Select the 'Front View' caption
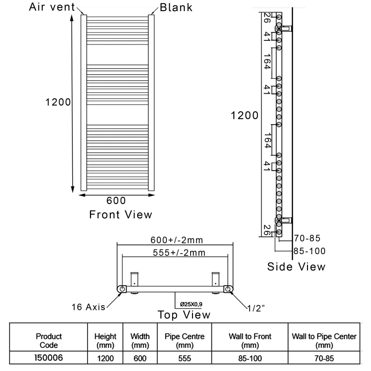[121, 214]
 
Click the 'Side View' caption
[296, 267]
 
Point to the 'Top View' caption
[184, 315]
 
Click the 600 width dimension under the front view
[116, 200]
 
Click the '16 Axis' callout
[88, 307]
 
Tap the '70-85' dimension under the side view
[307, 238]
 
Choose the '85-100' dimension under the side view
[309, 251]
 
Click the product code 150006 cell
[49, 358]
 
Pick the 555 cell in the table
[178, 358]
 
